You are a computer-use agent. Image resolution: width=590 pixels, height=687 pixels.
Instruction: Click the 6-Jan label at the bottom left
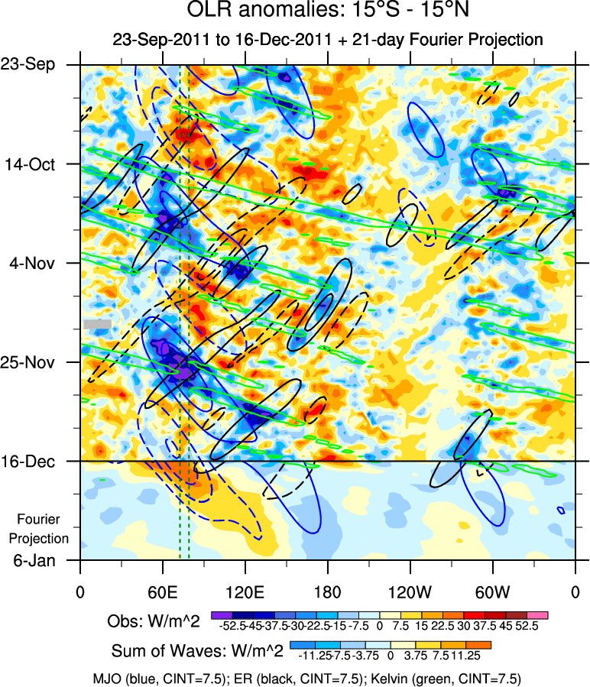click(x=38, y=560)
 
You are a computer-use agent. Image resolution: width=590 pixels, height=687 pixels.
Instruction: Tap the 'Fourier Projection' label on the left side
click(x=43, y=529)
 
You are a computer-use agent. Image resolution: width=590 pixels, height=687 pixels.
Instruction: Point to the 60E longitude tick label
click(x=162, y=592)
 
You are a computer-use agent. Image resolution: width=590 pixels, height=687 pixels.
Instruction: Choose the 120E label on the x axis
click(x=245, y=592)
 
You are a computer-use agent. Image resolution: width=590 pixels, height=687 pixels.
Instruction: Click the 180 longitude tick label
click(x=327, y=592)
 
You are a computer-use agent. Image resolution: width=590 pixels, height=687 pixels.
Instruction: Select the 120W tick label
click(x=410, y=592)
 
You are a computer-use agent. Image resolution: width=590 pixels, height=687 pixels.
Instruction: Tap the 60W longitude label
click(x=492, y=592)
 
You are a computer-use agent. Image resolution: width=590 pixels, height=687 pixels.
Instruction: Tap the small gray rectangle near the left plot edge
click(x=97, y=324)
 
